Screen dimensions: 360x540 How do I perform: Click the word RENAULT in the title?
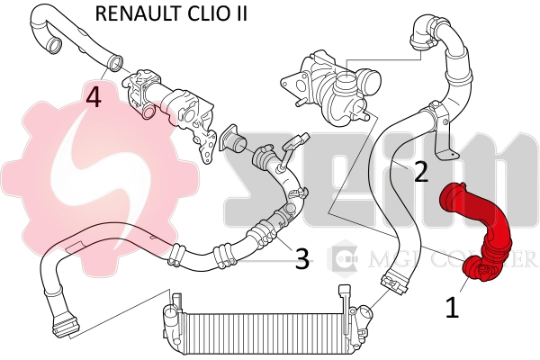136,13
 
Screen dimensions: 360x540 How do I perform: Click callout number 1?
452,308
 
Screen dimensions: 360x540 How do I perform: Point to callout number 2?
419,172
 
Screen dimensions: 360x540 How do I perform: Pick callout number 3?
302,260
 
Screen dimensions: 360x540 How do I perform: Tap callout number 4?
94,96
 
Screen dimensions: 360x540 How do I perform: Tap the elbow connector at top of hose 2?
423,31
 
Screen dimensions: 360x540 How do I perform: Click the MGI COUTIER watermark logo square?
345,259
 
